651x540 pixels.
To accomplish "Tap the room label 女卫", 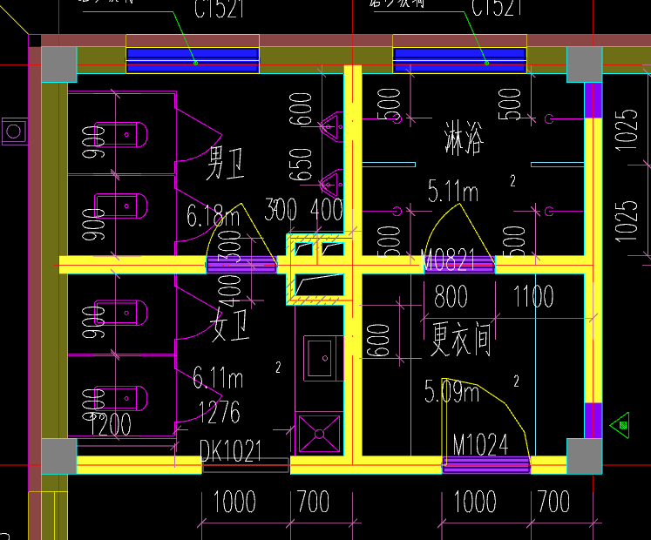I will [x=229, y=328].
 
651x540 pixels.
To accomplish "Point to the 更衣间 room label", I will [x=461, y=337].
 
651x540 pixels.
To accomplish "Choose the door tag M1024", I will [x=480, y=445].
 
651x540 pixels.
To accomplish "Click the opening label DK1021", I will [x=230, y=450].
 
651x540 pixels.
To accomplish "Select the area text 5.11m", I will [x=452, y=190].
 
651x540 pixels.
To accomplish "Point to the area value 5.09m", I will [x=451, y=391].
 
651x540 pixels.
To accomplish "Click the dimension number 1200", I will [x=112, y=425].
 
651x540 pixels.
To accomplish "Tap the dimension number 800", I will [x=451, y=298].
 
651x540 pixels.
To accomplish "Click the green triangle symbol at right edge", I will [x=622, y=424].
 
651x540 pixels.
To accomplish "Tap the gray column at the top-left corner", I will [x=58, y=64].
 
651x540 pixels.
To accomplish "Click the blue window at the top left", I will [x=193, y=59].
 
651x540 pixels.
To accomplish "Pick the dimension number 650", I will [x=302, y=162].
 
